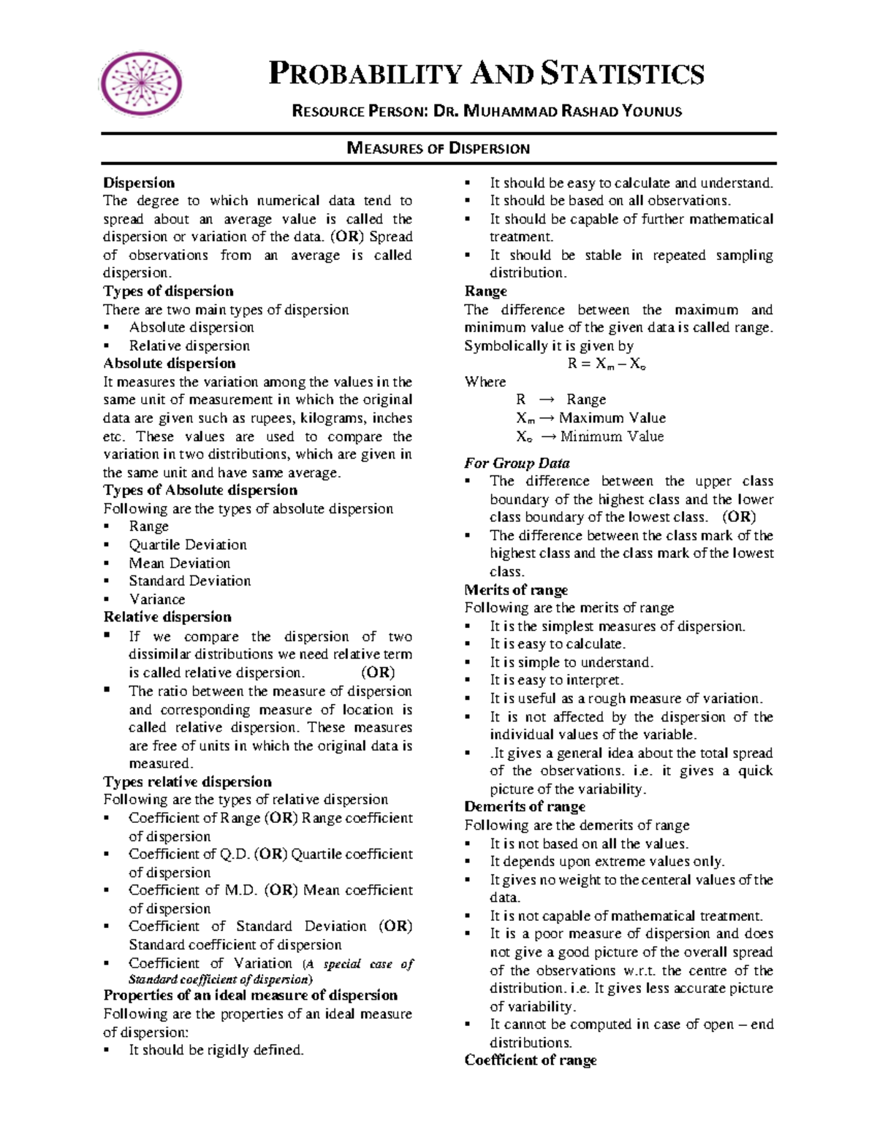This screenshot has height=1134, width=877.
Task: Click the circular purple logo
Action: [141, 83]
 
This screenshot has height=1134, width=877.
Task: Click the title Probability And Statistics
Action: [487, 74]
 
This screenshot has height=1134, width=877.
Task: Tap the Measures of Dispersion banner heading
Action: [438, 148]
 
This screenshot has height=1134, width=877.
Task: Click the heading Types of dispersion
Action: [168, 291]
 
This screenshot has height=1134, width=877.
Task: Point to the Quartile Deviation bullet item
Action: [188, 545]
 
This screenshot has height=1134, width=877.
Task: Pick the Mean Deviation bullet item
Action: [179, 563]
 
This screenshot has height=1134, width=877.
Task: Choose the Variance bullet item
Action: [157, 599]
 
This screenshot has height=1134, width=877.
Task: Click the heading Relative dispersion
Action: [167, 617]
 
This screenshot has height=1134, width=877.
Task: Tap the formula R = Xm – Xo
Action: [607, 364]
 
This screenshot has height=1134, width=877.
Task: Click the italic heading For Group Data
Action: [517, 463]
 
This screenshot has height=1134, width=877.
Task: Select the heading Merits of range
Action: [516, 590]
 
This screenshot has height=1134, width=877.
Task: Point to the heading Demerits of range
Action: [525, 807]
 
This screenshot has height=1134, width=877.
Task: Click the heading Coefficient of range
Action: [531, 1060]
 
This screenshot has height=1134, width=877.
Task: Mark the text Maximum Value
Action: [612, 418]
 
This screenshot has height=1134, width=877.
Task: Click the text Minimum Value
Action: [612, 437]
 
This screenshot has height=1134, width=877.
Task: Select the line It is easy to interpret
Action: [556, 681]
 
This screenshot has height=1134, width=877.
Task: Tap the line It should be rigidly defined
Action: [216, 1050]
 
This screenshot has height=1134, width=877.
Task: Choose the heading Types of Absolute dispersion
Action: [200, 490]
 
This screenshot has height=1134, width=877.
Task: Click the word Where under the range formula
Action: [485, 382]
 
